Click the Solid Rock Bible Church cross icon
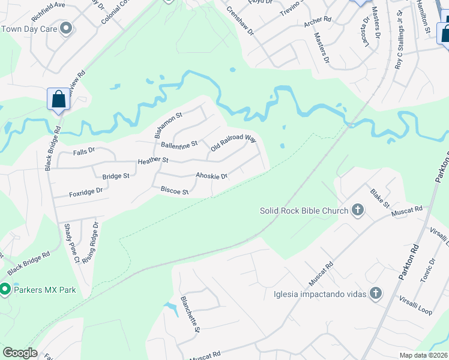(x=358, y=210)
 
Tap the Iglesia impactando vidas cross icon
(x=376, y=293)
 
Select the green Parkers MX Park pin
(x=5, y=290)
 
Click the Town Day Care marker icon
(x=66, y=28)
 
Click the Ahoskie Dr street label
(x=211, y=176)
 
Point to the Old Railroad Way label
(x=234, y=143)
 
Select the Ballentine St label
(x=179, y=145)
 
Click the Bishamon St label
(x=168, y=124)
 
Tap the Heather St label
(x=153, y=161)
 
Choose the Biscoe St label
(x=175, y=191)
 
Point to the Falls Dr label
(x=83, y=151)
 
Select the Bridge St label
(x=116, y=176)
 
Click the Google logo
(x=20, y=353)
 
